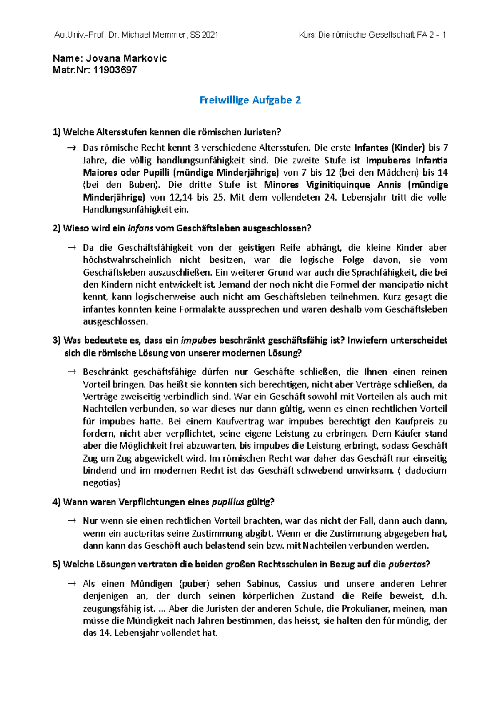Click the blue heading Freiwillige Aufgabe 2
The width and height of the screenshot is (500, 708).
pos(250,100)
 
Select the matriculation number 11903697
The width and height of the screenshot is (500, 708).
pos(115,70)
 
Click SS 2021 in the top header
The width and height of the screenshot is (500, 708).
pos(204,35)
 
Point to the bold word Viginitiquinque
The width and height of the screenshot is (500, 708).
pos(338,185)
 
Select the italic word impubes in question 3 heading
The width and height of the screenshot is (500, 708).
pos(199,340)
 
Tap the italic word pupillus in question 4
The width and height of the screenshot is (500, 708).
pos(227,502)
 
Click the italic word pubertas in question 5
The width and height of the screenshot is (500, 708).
pos(407,565)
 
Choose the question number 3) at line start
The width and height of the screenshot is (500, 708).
pos(57,340)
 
